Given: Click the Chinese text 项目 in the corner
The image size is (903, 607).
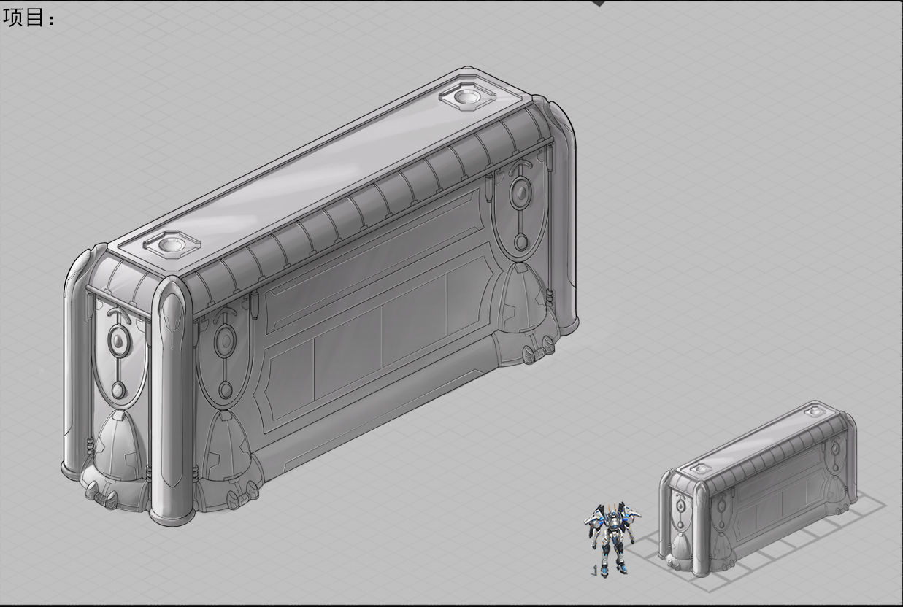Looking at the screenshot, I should (x=28, y=18).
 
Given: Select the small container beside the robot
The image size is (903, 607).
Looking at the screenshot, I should (x=759, y=489).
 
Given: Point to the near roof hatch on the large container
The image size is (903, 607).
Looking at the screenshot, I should (x=172, y=244).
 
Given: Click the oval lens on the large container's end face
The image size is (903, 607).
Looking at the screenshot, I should (x=118, y=339).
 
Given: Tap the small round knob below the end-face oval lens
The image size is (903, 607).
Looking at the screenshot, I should (x=118, y=390).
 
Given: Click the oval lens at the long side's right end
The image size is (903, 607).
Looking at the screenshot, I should (x=520, y=193).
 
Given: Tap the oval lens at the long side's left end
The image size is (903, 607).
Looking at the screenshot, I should (x=225, y=341).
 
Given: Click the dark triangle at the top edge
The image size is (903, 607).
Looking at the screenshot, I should (x=599, y=3).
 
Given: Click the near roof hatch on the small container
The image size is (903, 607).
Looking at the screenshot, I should (x=700, y=468).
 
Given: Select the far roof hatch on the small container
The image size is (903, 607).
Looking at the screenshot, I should (x=815, y=411).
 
